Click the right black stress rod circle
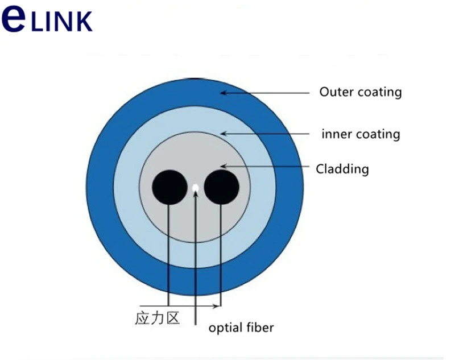click(221, 187)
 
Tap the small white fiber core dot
click(196, 187)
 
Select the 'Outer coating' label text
click(360, 92)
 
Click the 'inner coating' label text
click(361, 134)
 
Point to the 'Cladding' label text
click(342, 169)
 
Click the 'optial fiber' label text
click(241, 328)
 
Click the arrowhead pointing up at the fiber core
click(196, 195)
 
